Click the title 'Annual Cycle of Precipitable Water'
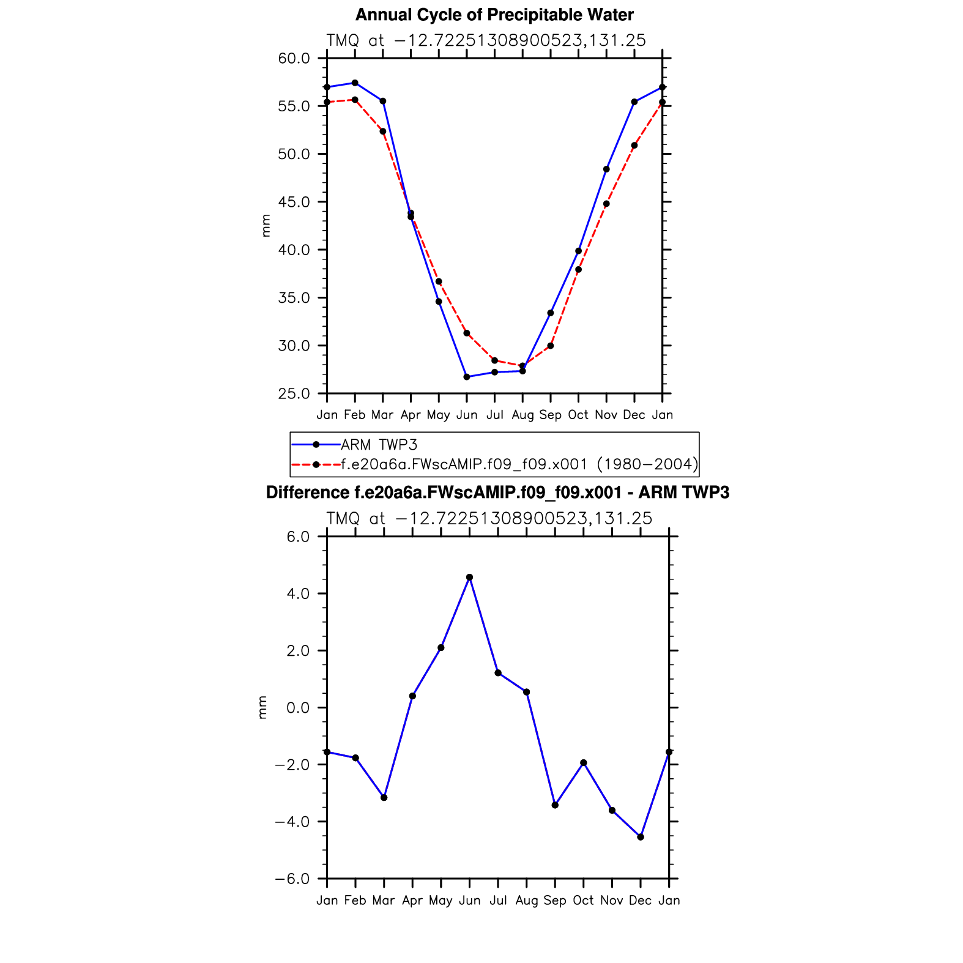(494, 15)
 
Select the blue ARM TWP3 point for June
(467, 377)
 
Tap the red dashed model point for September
(551, 346)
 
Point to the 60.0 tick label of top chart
(294, 59)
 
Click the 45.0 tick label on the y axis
(294, 203)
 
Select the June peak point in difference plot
(469, 577)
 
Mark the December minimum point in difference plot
(641, 837)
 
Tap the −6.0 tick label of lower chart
(292, 879)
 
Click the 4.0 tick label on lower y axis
(297, 594)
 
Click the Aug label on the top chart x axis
(522, 415)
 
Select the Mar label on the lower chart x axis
(384, 901)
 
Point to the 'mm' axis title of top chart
(266, 226)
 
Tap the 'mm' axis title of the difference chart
(263, 707)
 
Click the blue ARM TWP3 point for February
(355, 83)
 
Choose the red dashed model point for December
(634, 146)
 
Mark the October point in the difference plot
(584, 763)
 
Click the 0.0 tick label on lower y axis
(297, 708)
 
